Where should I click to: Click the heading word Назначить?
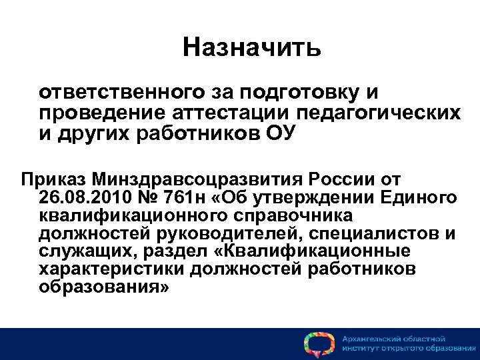(x=252, y=47)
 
